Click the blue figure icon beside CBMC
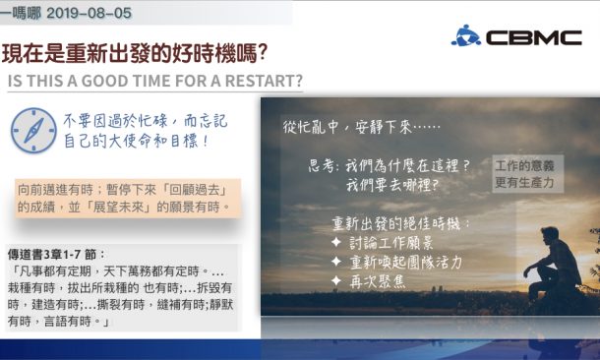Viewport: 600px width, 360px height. click(x=465, y=35)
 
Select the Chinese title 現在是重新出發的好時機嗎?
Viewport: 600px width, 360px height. click(x=137, y=51)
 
